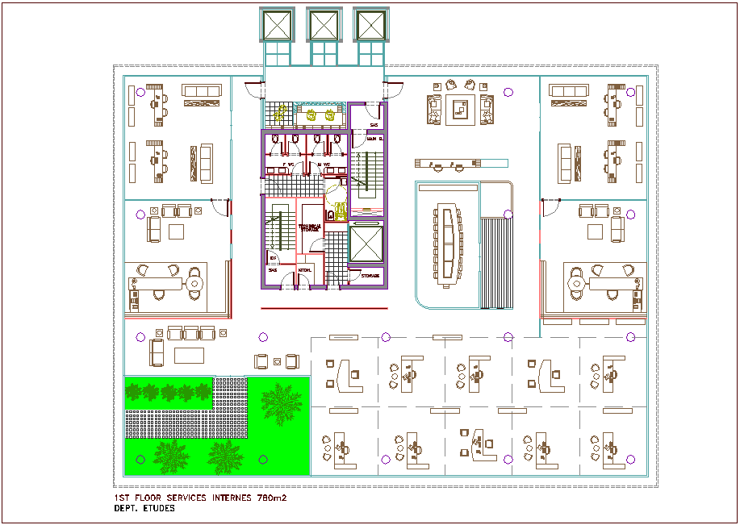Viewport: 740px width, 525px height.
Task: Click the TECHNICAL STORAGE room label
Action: [310, 228]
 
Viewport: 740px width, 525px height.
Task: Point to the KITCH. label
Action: [305, 269]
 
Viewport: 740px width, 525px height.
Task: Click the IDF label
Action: [274, 258]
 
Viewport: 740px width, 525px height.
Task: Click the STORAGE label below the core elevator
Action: [370, 276]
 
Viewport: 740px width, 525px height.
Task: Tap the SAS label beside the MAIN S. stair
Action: [374, 125]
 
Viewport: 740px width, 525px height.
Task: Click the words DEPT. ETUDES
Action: [144, 509]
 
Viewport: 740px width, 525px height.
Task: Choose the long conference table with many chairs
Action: [446, 244]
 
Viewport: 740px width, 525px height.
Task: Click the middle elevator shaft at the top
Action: [324, 24]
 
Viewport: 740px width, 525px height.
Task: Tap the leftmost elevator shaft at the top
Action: [277, 24]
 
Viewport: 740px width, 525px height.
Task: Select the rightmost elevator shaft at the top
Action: [370, 24]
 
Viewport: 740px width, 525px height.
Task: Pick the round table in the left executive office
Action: [194, 284]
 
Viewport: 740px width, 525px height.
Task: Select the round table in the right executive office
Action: [576, 284]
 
